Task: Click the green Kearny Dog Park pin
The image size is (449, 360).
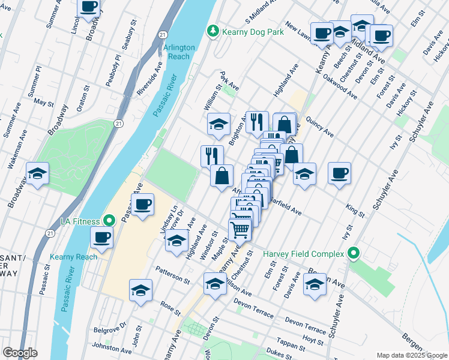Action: click(x=212, y=31)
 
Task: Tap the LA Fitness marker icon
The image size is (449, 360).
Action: click(x=109, y=221)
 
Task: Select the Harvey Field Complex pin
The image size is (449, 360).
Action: click(x=355, y=254)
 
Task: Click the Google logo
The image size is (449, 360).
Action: click(x=20, y=353)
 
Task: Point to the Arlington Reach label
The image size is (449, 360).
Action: click(x=179, y=52)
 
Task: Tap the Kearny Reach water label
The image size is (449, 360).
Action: click(x=79, y=257)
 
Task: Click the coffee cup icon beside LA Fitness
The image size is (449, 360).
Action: click(x=103, y=237)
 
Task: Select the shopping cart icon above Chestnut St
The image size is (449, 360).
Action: click(x=240, y=229)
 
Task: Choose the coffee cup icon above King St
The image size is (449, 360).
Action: click(x=339, y=173)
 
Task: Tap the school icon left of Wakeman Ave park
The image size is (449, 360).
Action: click(x=37, y=173)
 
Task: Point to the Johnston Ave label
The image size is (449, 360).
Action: click(x=111, y=348)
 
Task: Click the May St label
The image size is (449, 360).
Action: click(x=44, y=103)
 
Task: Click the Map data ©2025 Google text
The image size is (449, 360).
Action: click(x=411, y=355)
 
